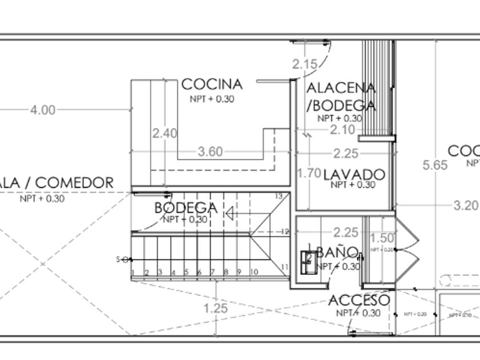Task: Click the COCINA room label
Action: click(x=212, y=85)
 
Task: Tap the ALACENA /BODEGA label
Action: click(x=341, y=97)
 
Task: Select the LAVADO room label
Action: click(x=354, y=174)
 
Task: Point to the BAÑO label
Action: click(x=337, y=252)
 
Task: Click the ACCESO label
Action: click(x=359, y=300)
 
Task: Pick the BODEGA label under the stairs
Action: click(x=186, y=208)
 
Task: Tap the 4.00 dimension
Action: click(x=43, y=110)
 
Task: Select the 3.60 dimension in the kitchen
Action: click(x=210, y=152)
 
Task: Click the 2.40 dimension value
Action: click(x=165, y=133)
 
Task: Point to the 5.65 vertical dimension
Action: click(x=435, y=165)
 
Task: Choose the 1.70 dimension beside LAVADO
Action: click(x=309, y=173)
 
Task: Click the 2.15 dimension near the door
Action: click(x=305, y=64)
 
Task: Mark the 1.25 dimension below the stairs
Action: click(x=215, y=309)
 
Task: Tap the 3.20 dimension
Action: click(x=466, y=206)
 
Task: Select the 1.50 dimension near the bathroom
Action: click(x=382, y=238)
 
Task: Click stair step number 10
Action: click(x=254, y=272)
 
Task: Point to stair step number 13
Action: click(x=279, y=196)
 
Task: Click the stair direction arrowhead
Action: click(x=230, y=214)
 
